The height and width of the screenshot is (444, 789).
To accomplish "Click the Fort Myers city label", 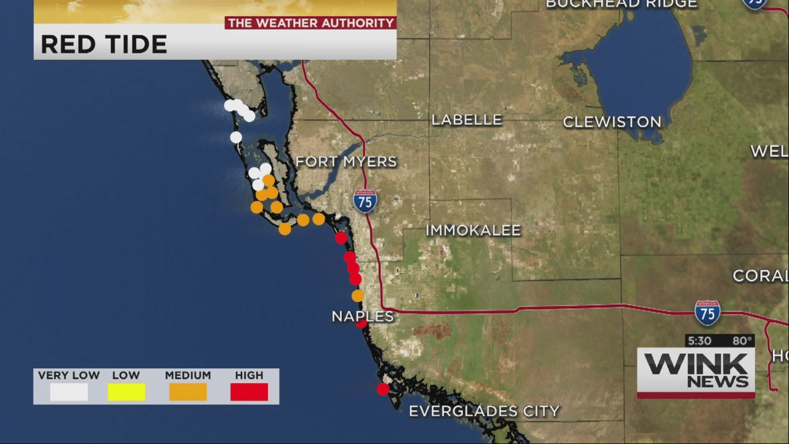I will click(346, 162).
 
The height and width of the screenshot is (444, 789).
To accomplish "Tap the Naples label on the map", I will click(362, 317).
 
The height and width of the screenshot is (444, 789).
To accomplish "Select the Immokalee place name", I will click(473, 231).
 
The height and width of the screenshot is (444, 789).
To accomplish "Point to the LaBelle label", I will click(466, 120).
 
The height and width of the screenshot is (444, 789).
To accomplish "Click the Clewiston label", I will click(612, 122).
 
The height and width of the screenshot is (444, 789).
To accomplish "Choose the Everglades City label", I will click(484, 411).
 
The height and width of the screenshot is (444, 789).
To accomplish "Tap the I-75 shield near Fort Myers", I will click(365, 201).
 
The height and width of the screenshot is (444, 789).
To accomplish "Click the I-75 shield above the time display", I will click(707, 313).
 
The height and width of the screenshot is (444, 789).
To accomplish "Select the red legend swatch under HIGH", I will click(249, 392).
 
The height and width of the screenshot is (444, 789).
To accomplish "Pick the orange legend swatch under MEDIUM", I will click(188, 392).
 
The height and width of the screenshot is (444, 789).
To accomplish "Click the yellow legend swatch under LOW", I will click(126, 392).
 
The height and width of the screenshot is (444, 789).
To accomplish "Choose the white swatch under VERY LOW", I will click(69, 392).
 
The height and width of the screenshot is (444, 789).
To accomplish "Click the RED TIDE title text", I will click(103, 44).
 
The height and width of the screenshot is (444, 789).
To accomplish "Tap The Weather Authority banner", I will click(310, 23).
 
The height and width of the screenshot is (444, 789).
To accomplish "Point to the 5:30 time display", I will click(700, 341).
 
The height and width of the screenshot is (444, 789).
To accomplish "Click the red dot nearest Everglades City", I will click(383, 389).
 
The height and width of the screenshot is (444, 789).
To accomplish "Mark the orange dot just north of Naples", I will click(358, 296).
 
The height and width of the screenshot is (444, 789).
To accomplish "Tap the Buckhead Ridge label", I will click(621, 4).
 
